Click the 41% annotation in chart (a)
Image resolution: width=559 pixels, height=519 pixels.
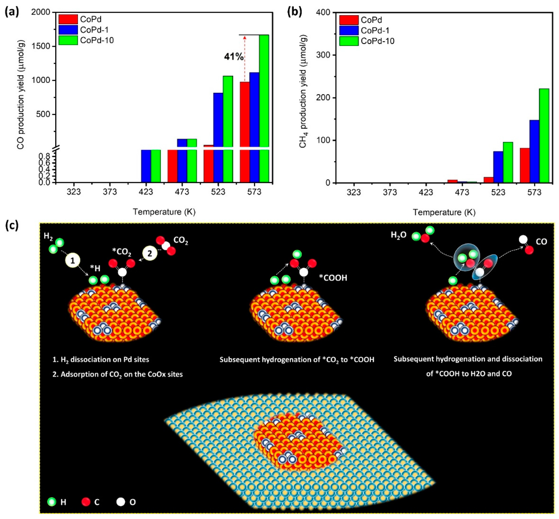233,57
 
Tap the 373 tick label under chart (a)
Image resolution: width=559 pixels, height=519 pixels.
110,192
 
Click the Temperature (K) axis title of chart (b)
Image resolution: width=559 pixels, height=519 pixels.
444,212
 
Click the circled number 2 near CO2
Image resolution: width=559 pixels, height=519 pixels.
150,254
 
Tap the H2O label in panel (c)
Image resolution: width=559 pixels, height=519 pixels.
399,235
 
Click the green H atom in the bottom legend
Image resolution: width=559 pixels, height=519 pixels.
52,502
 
